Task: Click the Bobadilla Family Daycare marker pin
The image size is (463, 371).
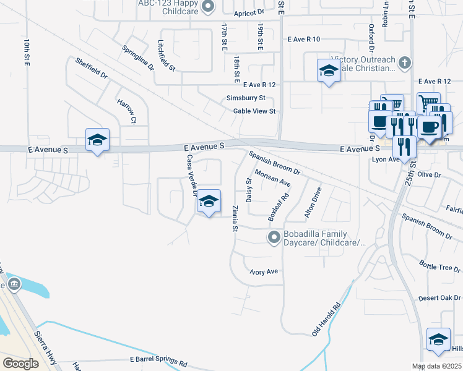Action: [x=273, y=237]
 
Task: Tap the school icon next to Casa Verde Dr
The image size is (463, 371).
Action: [x=209, y=202]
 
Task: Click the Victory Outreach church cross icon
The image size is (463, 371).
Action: [x=404, y=62]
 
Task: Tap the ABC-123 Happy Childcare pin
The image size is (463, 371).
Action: [x=208, y=7]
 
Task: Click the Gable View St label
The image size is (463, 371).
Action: [x=254, y=111]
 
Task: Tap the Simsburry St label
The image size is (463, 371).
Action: [x=246, y=98]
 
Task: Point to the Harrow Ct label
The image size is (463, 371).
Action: [x=128, y=109]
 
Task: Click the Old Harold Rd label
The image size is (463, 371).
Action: [x=326, y=319]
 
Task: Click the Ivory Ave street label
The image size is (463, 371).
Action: [x=264, y=271]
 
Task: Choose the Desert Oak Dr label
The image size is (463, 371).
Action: [x=439, y=297]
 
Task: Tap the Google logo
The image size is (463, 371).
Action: [x=20, y=364]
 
